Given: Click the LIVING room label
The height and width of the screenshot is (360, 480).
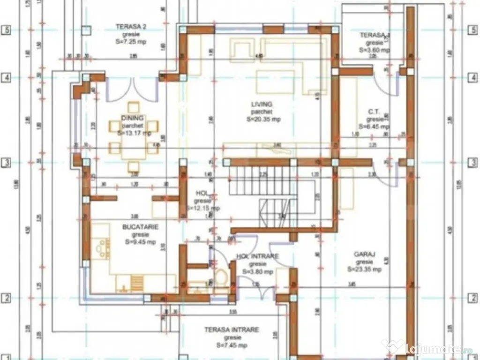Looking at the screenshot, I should [262, 104].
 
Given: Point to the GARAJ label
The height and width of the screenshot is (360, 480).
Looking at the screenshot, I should [364, 255].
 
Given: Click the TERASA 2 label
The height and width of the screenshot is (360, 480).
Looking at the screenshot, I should [131, 27].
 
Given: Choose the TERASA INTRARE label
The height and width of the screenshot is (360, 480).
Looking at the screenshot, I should [231, 330].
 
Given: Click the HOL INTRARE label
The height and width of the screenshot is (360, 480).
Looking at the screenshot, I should [257, 256].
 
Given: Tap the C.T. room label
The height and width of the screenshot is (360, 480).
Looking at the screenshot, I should [374, 112].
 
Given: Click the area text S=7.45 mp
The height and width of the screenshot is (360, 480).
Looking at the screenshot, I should [232, 345].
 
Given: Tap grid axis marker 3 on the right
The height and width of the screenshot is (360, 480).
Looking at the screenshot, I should [473, 163].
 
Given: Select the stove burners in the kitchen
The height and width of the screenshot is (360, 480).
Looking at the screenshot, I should [101, 248].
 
